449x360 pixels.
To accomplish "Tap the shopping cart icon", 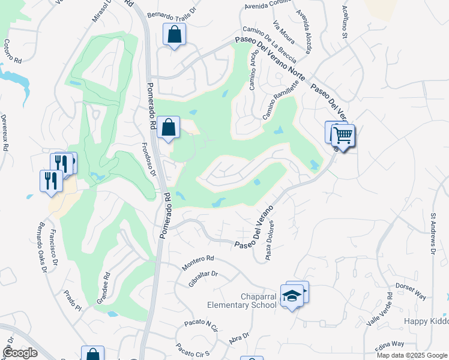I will [343, 136].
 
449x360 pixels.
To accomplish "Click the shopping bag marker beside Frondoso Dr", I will [169, 127].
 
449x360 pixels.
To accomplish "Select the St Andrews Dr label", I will [433, 233].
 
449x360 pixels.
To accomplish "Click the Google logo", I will [20, 352].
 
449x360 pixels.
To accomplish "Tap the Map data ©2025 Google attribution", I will [412, 355].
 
